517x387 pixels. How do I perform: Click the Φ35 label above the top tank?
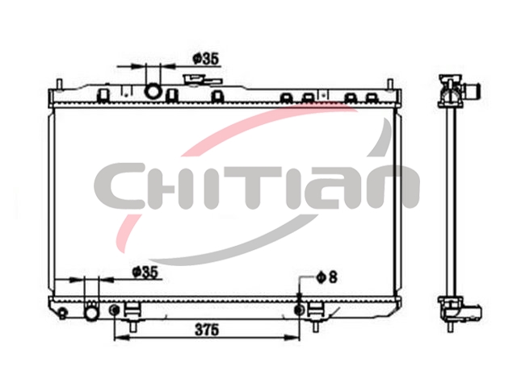click(x=206, y=59)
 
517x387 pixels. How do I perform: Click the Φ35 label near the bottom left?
click(x=145, y=273)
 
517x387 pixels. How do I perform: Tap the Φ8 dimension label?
click(x=326, y=277)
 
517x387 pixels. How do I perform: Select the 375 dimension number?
click(x=207, y=330)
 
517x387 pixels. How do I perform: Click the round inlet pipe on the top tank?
click(x=153, y=90)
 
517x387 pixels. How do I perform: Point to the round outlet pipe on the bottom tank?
click(x=91, y=313)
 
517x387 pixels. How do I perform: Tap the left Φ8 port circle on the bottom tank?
click(x=115, y=310)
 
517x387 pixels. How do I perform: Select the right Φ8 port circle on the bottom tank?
click(x=300, y=310)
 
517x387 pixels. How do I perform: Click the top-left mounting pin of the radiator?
click(x=59, y=84)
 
